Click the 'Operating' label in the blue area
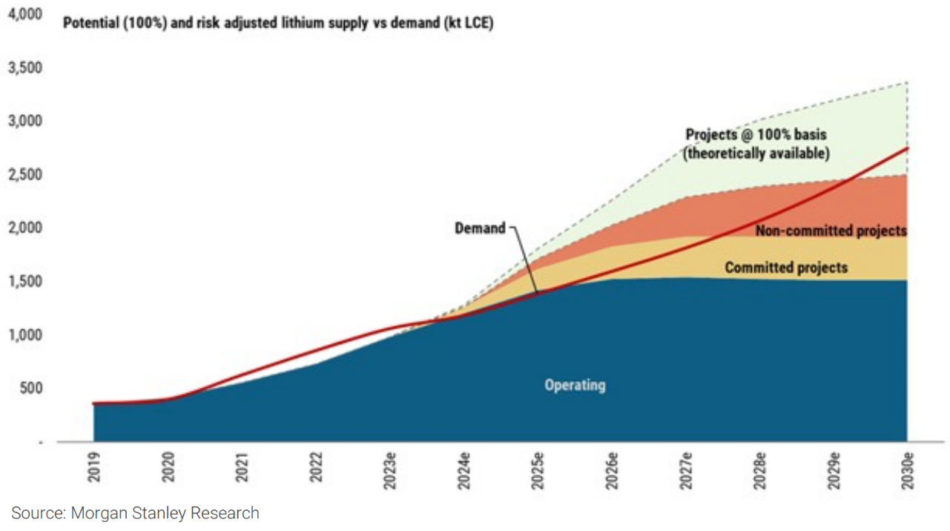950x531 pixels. point(575,386)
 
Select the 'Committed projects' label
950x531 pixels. point(785,268)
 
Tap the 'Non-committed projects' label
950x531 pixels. point(831,231)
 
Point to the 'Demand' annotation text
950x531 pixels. point(479,228)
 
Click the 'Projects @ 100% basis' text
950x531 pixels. point(756,135)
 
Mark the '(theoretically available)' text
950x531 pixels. point(756,154)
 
